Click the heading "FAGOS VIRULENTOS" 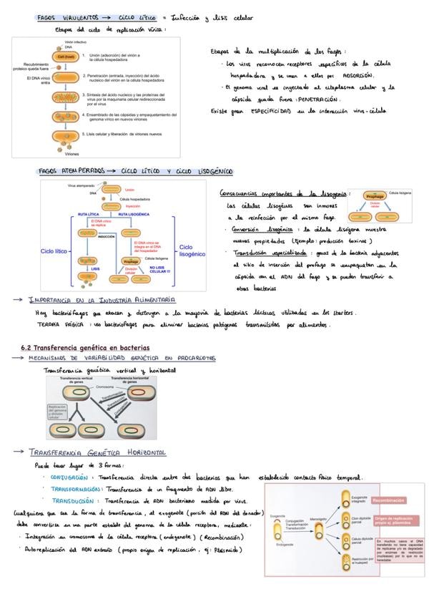point(64,16)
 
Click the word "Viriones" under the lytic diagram point(71,154)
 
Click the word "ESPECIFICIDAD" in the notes point(263,111)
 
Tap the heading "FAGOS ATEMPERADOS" point(68,172)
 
